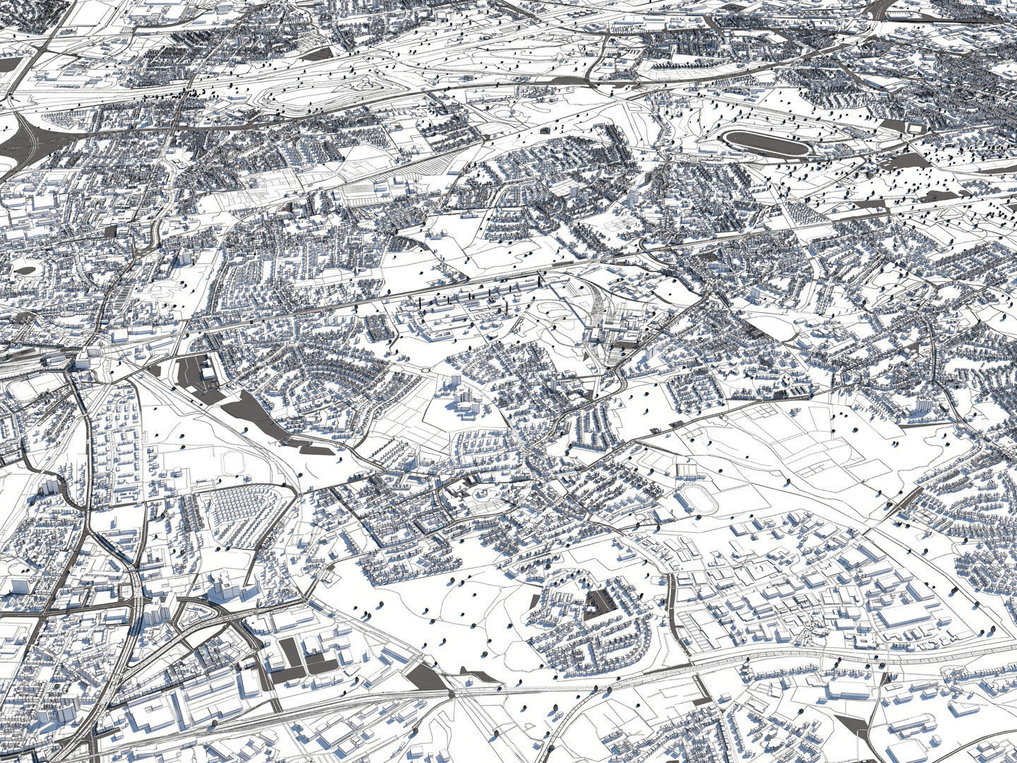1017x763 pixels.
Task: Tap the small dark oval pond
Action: tap(25, 269)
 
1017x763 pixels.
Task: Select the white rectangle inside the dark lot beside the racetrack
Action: tap(916, 128)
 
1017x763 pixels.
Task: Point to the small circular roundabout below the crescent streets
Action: tap(425, 369)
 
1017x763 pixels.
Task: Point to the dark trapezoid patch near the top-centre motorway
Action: tap(319, 53)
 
